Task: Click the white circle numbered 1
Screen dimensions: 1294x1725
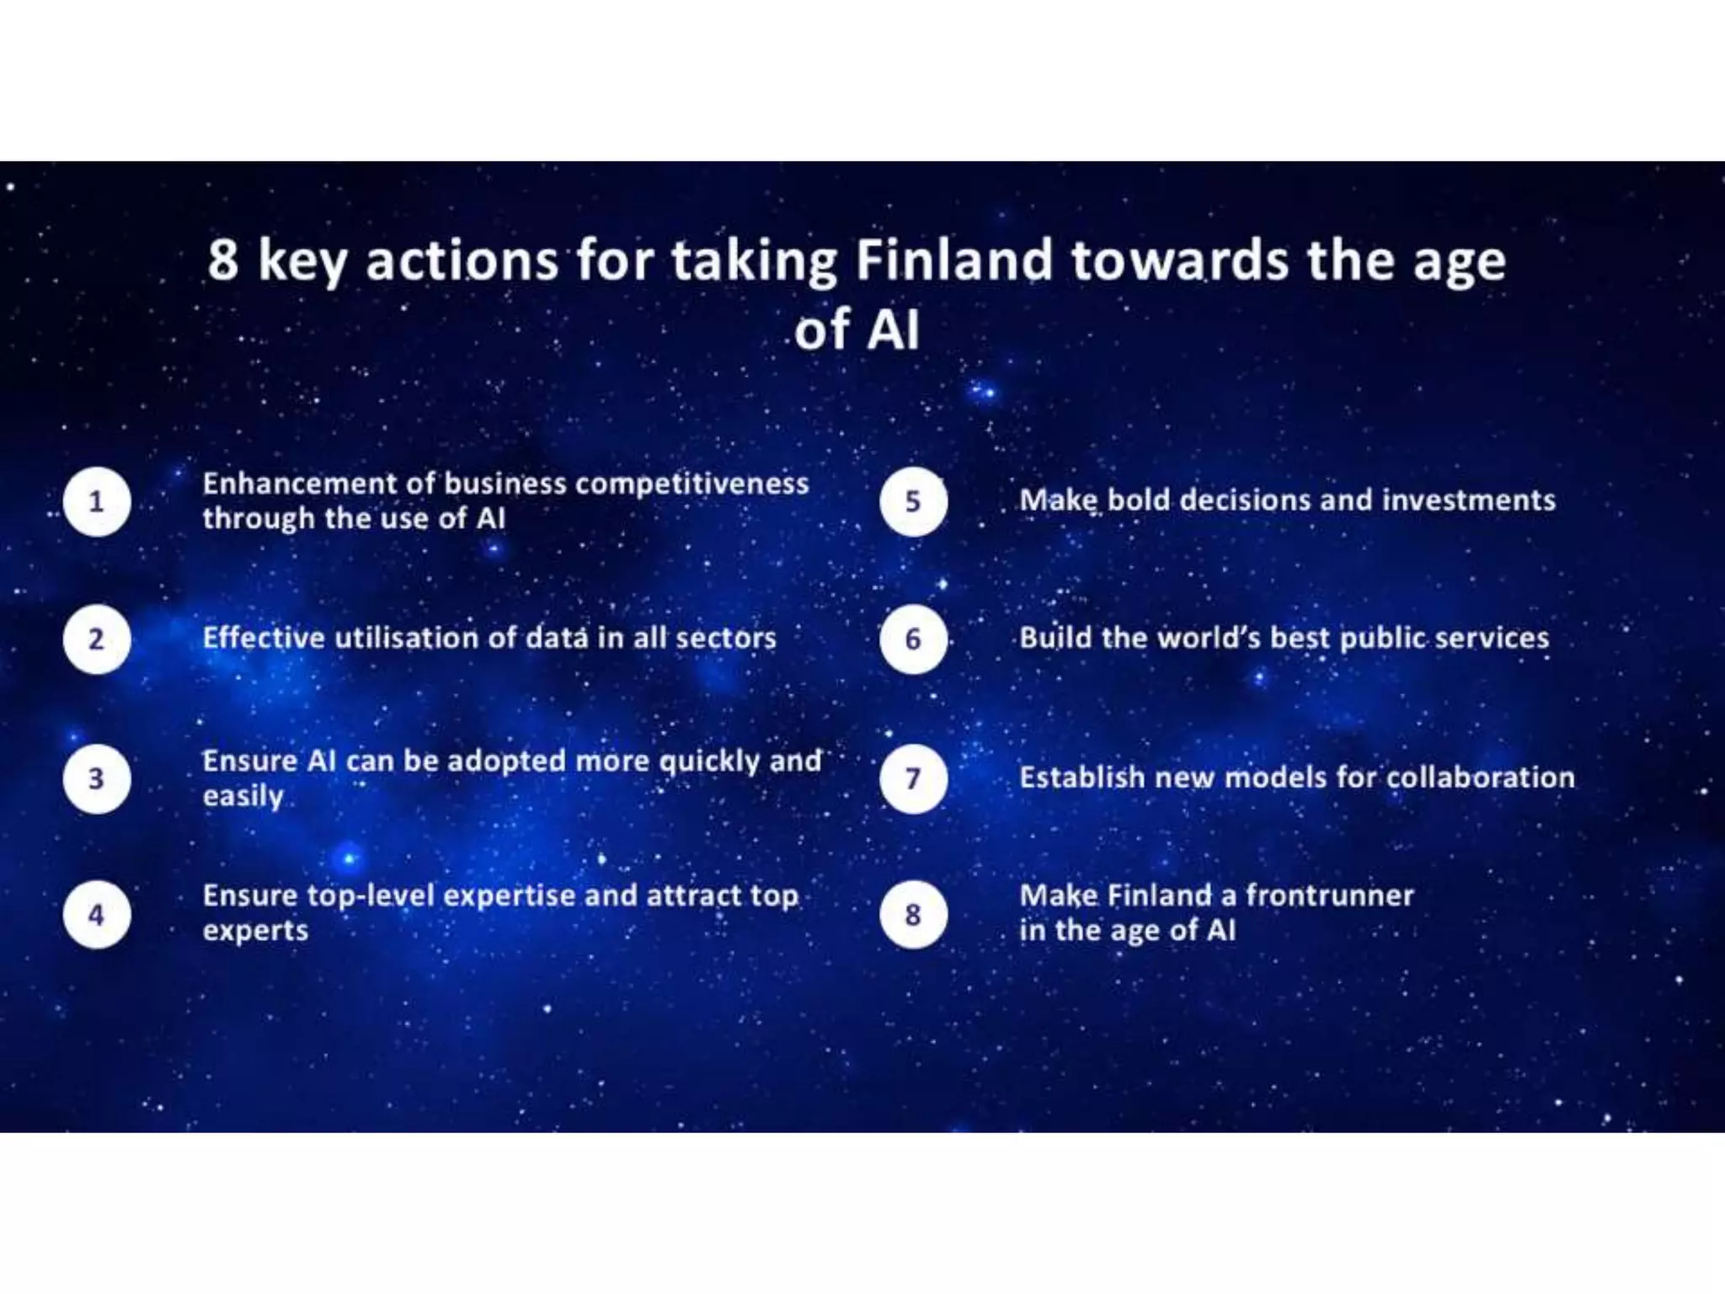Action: [x=97, y=502]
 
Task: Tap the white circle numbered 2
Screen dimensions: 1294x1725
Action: [x=97, y=639]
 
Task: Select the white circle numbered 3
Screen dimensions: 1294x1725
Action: [x=97, y=778]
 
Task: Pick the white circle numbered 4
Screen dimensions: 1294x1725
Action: [x=97, y=915]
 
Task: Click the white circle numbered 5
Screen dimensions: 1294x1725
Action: [x=914, y=502]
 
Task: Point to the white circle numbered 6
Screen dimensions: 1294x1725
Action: [x=914, y=639]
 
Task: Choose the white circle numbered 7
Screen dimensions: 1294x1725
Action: [x=914, y=778]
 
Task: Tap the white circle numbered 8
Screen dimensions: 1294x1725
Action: [x=914, y=915]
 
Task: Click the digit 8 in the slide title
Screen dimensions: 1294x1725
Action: [x=223, y=259]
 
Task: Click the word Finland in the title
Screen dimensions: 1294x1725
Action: [x=954, y=259]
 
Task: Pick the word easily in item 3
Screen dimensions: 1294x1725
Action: [x=243, y=796]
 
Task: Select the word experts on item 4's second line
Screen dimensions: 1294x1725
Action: [x=255, y=931]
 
